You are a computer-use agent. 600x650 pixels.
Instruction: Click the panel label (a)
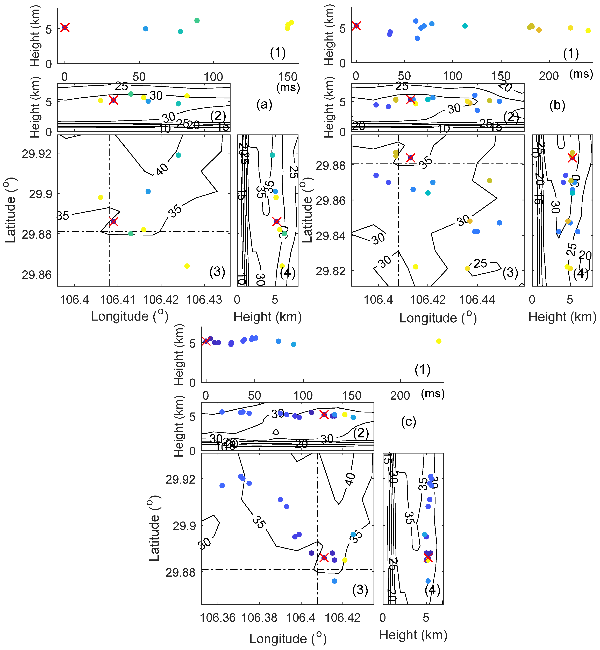pos(264,105)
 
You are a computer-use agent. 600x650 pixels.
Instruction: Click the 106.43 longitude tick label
pos(204,300)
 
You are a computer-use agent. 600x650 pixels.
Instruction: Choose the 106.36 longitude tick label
pos(218,618)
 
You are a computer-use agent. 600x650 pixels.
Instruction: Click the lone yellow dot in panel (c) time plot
pos(439,341)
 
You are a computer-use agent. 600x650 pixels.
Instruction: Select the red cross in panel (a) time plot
pos(65,27)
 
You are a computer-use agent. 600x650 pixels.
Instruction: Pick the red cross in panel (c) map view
pos(324,558)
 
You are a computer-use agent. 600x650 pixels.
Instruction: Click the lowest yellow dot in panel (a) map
pos(187,266)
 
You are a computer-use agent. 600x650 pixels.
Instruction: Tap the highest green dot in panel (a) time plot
pos(197,21)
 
